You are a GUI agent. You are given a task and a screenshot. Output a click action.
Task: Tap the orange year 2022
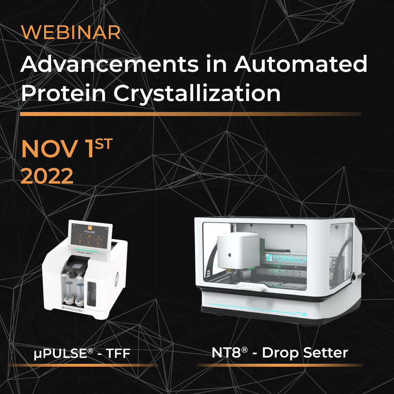(x=47, y=177)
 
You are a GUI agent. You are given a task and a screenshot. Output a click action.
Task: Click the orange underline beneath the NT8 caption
(x=279, y=365)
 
